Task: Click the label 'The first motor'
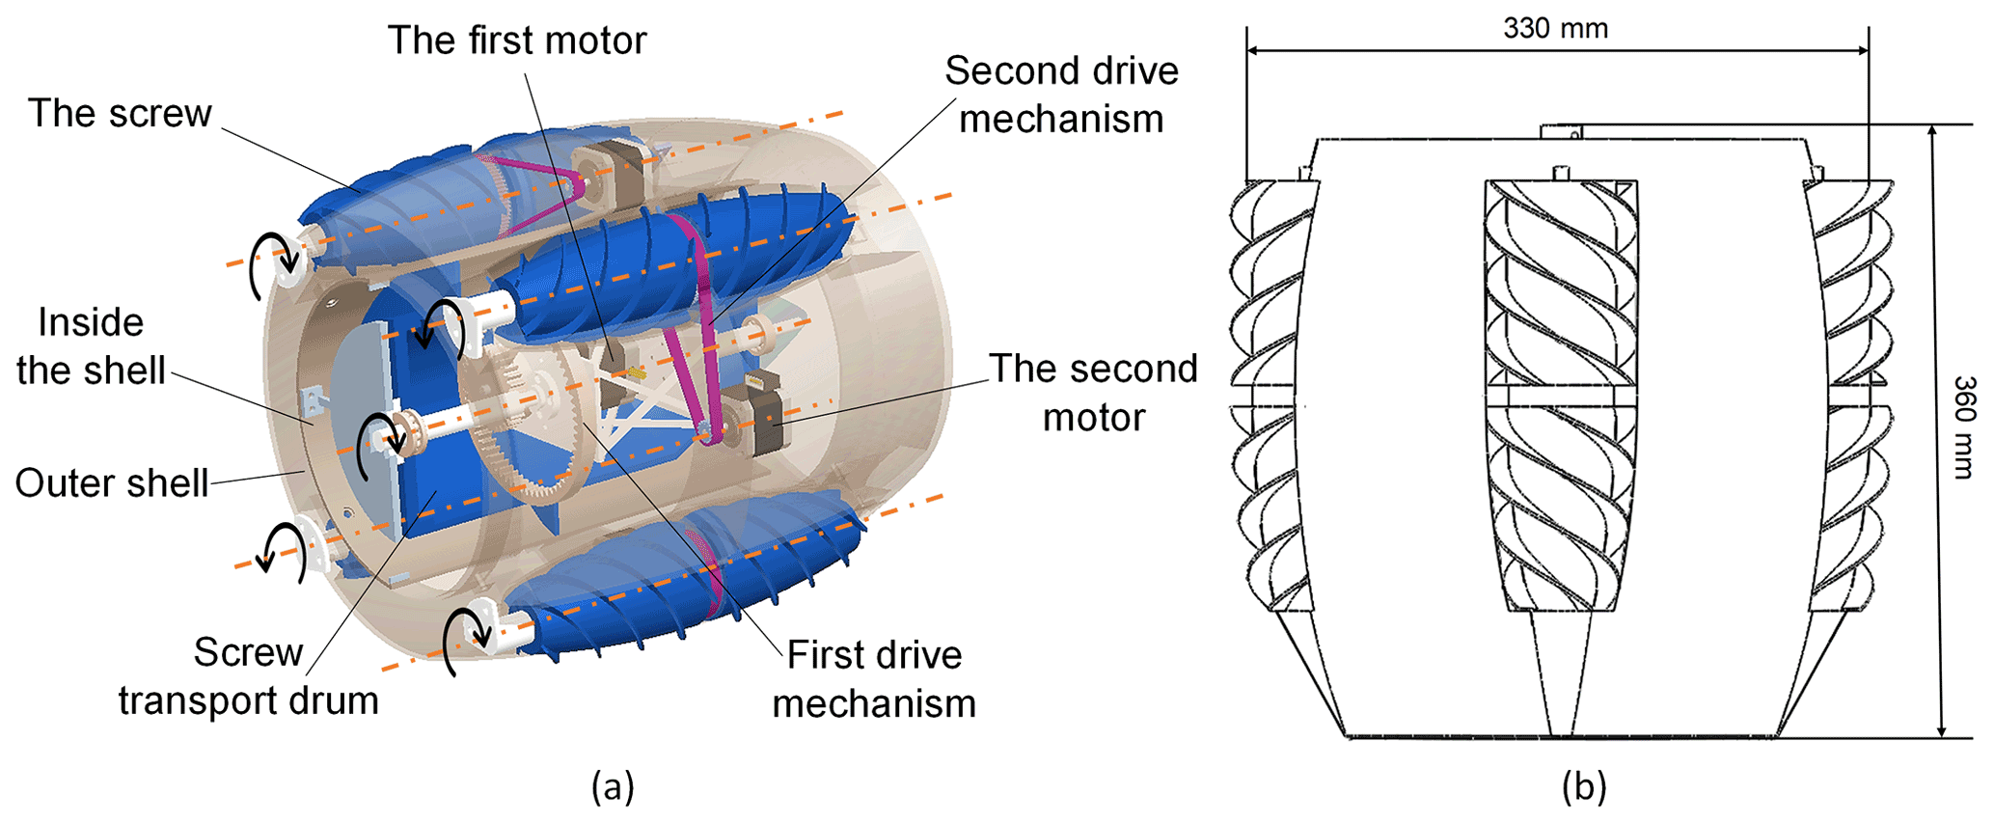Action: click(x=517, y=41)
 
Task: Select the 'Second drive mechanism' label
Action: click(x=1061, y=95)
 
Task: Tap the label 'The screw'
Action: click(x=120, y=114)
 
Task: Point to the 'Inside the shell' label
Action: click(x=91, y=346)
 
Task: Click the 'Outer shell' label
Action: click(x=112, y=483)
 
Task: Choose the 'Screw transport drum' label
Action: click(x=249, y=676)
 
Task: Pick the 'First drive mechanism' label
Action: click(x=874, y=679)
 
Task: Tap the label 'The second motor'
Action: click(x=1093, y=393)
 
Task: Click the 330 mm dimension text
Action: click(x=1555, y=29)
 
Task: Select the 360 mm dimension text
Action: click(x=1964, y=426)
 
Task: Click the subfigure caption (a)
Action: click(x=613, y=786)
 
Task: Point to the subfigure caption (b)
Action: click(x=1583, y=786)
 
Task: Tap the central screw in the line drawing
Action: click(x=1560, y=396)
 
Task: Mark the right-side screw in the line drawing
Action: click(x=1850, y=396)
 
